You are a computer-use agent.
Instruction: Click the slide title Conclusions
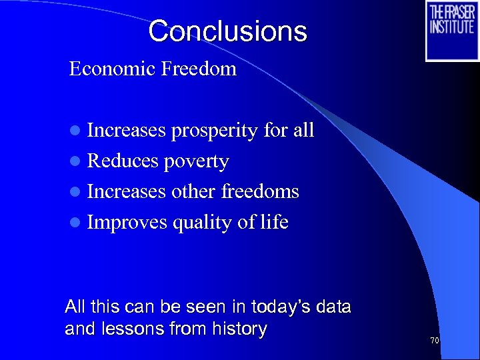coord(227,31)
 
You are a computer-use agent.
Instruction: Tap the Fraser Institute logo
coord(452,31)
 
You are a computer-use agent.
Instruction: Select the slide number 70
coord(435,341)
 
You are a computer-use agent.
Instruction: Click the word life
coord(272,222)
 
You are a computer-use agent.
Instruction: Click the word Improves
coord(127,223)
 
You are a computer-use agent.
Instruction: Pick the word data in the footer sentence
coord(335,307)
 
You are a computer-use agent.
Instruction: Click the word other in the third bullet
coord(193,192)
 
